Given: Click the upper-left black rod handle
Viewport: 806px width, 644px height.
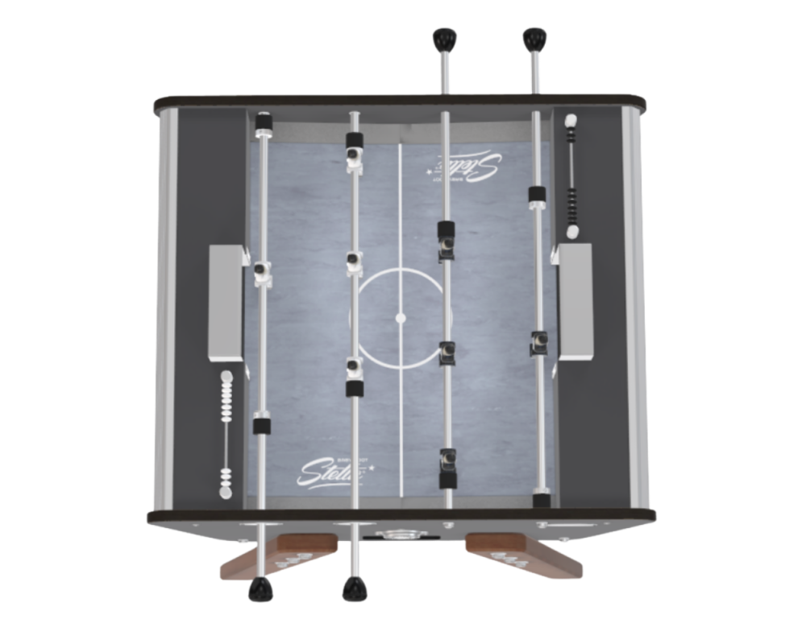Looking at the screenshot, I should click(x=442, y=38).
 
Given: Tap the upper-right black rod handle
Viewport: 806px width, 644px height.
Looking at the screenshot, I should click(x=531, y=38).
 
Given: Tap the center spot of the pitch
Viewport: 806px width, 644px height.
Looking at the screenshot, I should click(x=400, y=319).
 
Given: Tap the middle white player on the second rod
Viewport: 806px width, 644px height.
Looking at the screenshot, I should click(x=352, y=262).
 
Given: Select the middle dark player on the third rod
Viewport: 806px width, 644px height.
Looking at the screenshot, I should click(x=444, y=353).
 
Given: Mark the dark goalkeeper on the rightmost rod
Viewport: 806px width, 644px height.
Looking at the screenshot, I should click(x=537, y=341).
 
